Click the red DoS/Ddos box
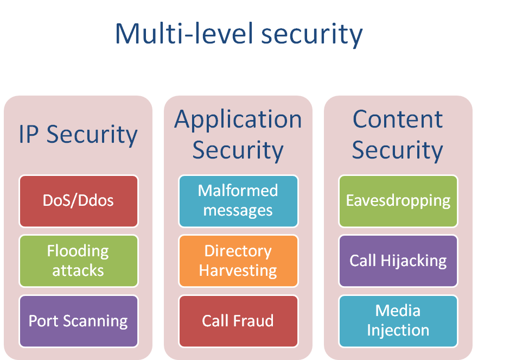79,200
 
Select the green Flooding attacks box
79,261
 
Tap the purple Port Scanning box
79,321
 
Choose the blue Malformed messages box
238,200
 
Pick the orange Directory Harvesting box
238,261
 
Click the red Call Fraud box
238,321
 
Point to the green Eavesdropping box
398,200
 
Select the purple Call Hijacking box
398,261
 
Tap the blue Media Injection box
398,321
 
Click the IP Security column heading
78,135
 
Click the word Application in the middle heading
238,119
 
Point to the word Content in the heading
398,119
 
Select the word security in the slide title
311,34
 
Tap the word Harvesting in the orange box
238,270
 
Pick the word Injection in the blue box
398,330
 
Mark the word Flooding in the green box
78,251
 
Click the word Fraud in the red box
254,321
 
